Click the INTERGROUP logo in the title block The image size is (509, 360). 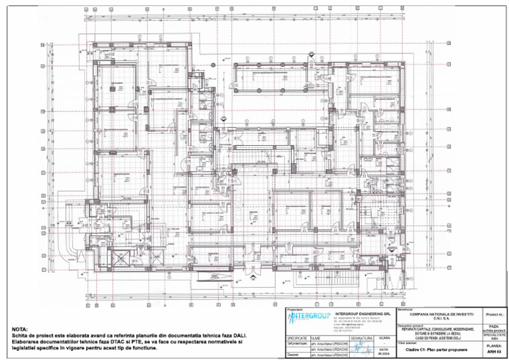309,316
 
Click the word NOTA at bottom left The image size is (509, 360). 21,330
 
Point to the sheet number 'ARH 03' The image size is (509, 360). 494,352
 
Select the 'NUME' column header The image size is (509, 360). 315,338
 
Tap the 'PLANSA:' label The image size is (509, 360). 494,345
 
